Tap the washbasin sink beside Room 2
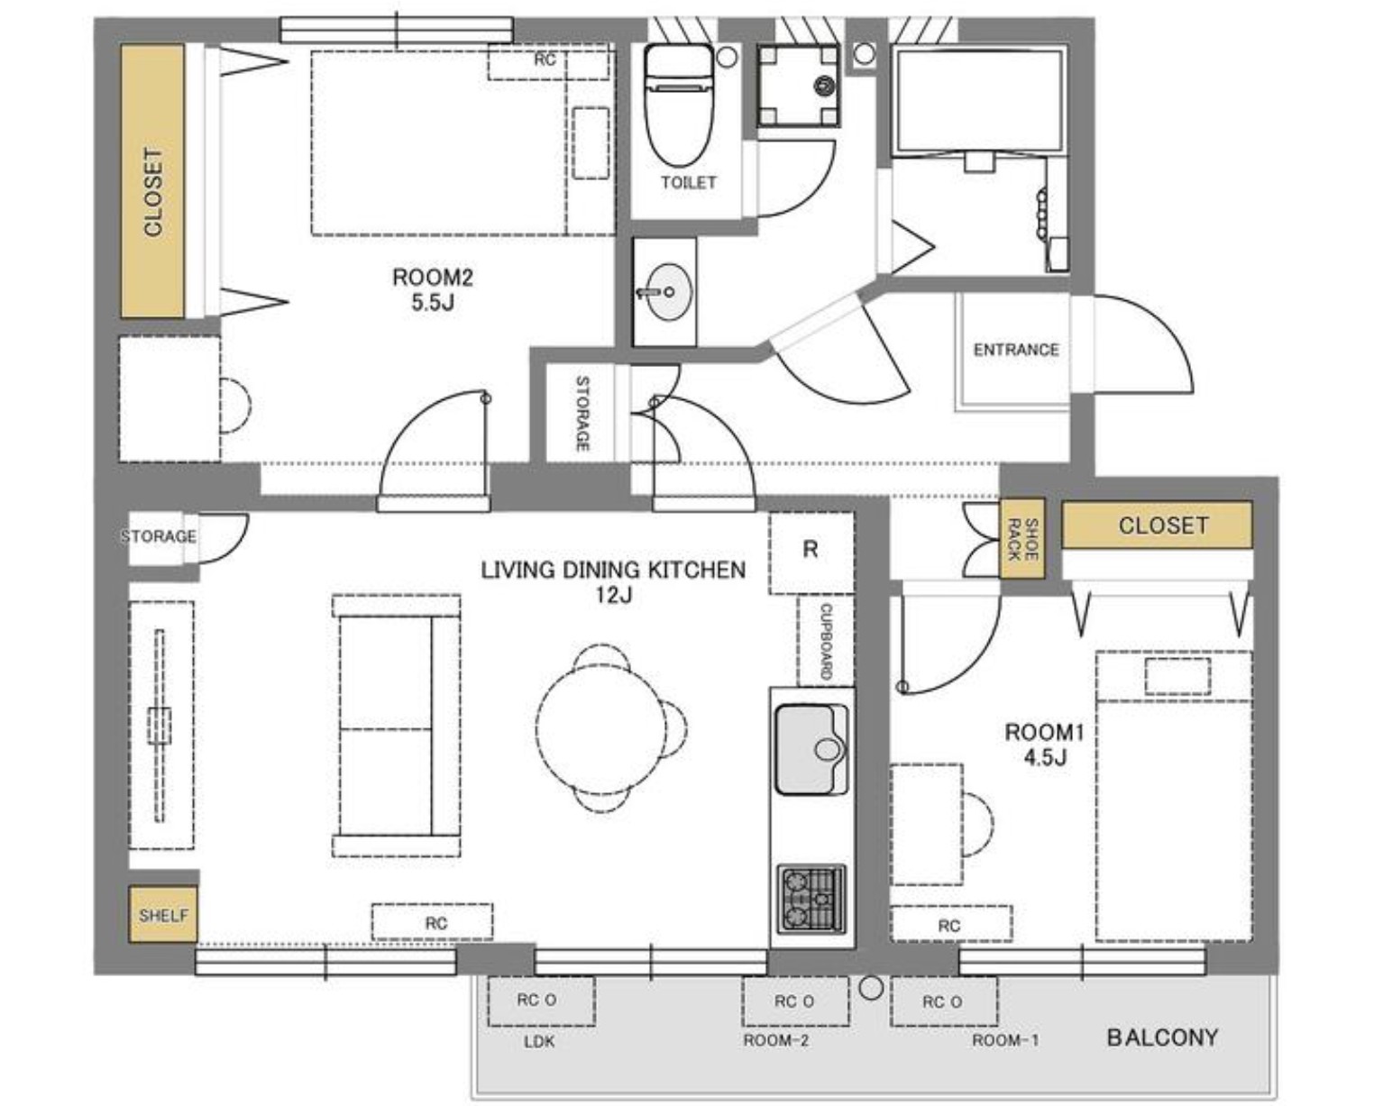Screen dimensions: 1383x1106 (666, 291)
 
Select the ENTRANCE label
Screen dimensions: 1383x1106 (1015, 350)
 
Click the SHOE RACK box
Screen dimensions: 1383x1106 (1021, 538)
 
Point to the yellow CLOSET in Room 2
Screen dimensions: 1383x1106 (153, 180)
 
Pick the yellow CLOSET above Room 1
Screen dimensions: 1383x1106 (1157, 525)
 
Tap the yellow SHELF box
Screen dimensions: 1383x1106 (163, 915)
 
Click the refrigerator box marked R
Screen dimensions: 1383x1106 (811, 553)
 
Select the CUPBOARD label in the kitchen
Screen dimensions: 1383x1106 (827, 642)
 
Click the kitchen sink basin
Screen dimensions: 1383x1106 (811, 749)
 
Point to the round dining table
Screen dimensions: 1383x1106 (600, 728)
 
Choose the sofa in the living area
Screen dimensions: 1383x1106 (397, 726)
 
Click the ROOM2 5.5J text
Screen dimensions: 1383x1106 (433, 289)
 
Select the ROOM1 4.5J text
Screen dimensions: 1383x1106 (1044, 745)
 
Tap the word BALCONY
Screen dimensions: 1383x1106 (1162, 1037)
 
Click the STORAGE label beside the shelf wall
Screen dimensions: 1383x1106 (158, 536)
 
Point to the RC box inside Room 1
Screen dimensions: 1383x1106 (951, 925)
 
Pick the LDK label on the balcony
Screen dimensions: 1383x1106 (539, 1042)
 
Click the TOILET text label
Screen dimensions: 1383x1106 (688, 182)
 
